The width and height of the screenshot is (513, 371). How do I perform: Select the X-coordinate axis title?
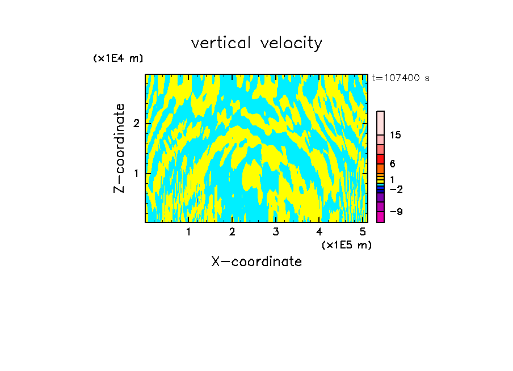[256, 262]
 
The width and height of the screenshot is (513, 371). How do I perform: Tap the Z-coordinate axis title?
[119, 148]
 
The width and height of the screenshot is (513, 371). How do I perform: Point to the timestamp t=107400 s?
[401, 78]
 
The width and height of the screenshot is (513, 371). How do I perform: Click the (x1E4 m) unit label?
[118, 58]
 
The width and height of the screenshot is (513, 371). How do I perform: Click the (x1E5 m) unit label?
[346, 244]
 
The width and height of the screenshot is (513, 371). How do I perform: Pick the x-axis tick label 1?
[188, 232]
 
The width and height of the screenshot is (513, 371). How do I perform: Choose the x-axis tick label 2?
[232, 232]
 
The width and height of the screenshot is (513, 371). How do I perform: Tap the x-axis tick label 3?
[276, 232]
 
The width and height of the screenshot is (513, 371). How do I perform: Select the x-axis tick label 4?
[319, 232]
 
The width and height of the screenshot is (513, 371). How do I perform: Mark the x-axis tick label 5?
[363, 232]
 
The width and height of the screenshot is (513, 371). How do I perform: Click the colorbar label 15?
[396, 135]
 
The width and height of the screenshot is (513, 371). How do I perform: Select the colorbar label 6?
[392, 164]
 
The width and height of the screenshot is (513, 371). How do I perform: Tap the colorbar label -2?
[396, 189]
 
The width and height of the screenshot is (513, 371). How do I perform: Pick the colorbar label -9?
[396, 212]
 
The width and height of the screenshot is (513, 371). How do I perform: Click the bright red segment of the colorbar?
[380, 159]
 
